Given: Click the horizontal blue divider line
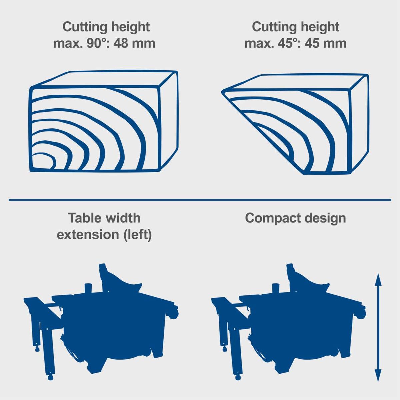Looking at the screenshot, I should point(200,200).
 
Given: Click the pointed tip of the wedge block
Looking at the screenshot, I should point(223,91).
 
